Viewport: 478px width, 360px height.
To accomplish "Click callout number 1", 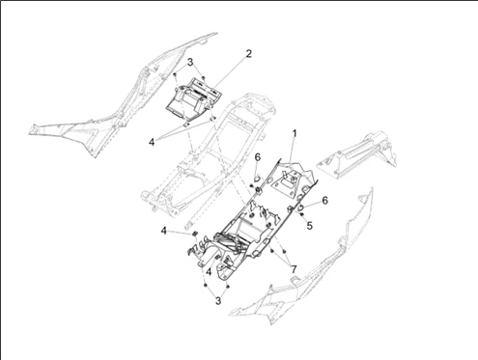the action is tap(294, 134).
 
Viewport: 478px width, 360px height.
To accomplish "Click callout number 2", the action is tap(248, 54).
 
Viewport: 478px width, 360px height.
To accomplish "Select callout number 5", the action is tap(309, 226).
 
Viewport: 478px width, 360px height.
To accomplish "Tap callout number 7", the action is tap(294, 269).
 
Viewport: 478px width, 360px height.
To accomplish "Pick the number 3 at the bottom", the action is tap(218, 301).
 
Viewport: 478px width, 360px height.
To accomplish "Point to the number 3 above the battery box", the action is tap(190, 62).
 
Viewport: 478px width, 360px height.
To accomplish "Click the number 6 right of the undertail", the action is tap(324, 200).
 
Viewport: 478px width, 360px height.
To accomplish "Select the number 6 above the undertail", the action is tap(258, 157).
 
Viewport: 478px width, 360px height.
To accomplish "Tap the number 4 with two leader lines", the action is tap(152, 142).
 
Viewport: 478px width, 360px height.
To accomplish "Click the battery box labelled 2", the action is tap(194, 100).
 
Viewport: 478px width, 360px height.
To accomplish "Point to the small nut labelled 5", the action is tap(301, 214).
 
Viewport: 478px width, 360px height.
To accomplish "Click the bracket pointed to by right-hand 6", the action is tap(301, 208).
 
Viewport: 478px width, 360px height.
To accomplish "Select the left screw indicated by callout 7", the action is tap(272, 250).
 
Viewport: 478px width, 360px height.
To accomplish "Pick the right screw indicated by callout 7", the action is tap(285, 251).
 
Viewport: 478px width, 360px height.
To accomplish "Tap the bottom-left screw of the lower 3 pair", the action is tap(206, 285).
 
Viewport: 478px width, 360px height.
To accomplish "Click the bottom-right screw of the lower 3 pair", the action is tap(228, 286).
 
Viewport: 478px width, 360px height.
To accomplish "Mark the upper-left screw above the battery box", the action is tap(175, 74).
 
